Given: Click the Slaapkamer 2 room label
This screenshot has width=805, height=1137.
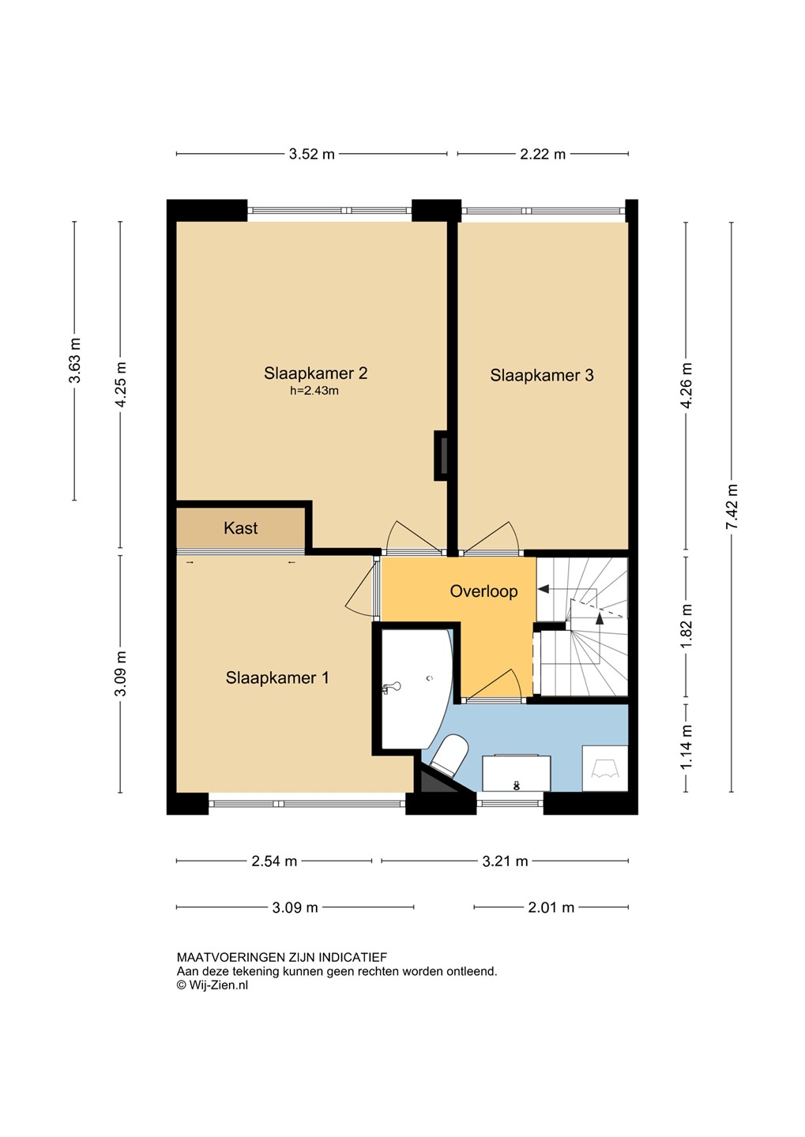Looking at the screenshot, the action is (315, 373).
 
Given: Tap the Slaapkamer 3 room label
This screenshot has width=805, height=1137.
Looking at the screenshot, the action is (541, 375).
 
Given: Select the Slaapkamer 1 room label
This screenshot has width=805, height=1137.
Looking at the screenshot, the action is (276, 677).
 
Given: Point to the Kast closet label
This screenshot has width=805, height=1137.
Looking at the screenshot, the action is (241, 528).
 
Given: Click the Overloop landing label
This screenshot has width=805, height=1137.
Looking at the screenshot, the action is (483, 591).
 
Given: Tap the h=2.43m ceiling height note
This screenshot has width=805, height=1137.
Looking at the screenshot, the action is (314, 391).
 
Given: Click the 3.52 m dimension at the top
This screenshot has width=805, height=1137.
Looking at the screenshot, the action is (312, 154).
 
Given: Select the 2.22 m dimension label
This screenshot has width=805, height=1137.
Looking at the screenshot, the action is (543, 154).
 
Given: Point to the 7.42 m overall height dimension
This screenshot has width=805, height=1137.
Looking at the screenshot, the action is (732, 507).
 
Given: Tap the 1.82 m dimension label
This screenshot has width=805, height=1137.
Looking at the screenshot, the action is (687, 626).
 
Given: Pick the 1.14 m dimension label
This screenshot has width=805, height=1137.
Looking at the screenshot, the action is (687, 747).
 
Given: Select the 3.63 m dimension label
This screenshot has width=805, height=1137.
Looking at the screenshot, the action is (75, 360).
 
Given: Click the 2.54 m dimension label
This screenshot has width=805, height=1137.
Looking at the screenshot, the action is (274, 861).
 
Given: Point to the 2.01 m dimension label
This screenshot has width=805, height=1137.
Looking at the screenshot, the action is (551, 907).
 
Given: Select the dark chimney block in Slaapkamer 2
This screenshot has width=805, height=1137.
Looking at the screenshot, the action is (441, 456).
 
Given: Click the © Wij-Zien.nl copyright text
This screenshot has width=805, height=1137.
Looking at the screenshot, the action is (213, 985).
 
